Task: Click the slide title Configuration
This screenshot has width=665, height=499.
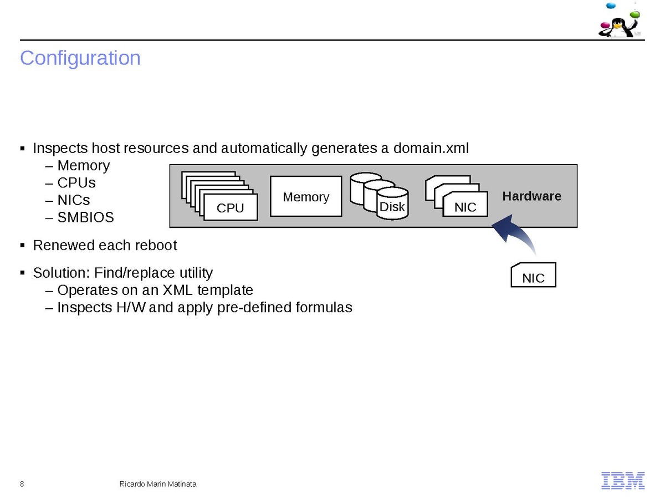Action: pyautogui.click(x=80, y=58)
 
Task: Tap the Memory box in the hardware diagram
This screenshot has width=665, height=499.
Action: pyautogui.click(x=306, y=197)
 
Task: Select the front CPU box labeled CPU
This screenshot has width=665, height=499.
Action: pyautogui.click(x=230, y=208)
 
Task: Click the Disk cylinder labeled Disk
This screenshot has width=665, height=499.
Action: pyautogui.click(x=392, y=207)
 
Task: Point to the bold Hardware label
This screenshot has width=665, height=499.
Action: pyautogui.click(x=531, y=196)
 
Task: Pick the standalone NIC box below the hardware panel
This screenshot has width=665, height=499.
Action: pyautogui.click(x=533, y=277)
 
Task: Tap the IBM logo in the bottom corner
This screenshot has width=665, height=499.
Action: pyautogui.click(x=623, y=480)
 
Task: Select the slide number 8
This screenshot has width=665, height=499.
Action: pyautogui.click(x=22, y=484)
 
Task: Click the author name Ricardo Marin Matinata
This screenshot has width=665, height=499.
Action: pyautogui.click(x=158, y=484)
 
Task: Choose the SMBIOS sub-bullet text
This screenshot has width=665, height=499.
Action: pyautogui.click(x=85, y=217)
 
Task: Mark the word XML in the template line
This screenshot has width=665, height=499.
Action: pyautogui.click(x=181, y=290)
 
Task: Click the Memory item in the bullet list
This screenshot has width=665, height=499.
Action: pyautogui.click(x=83, y=165)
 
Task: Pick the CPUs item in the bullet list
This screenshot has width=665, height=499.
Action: pyautogui.click(x=76, y=182)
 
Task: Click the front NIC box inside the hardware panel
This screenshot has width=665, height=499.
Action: pyautogui.click(x=465, y=206)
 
